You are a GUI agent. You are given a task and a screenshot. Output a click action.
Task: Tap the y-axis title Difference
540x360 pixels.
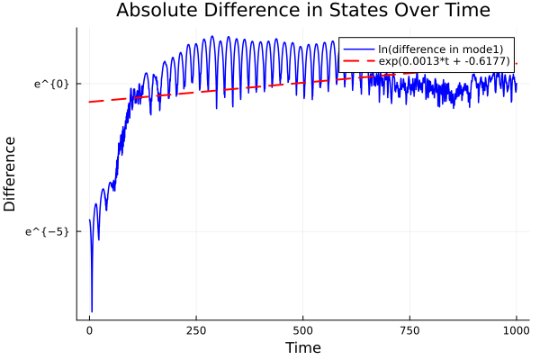pyautogui.click(x=11, y=174)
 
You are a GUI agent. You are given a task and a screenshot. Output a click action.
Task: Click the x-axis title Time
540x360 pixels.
pyautogui.click(x=302, y=347)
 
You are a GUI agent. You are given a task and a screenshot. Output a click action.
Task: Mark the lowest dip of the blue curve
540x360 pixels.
pyautogui.click(x=92, y=311)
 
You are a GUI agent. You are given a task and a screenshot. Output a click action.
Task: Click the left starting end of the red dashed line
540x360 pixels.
pyautogui.click(x=90, y=102)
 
